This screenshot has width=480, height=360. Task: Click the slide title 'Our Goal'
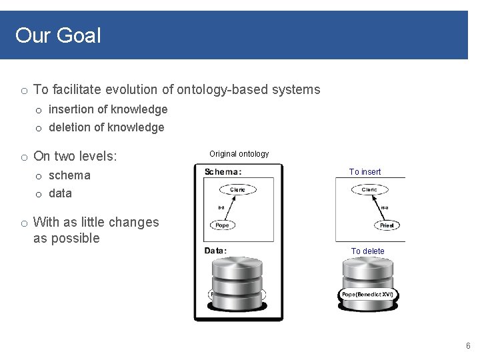pyautogui.click(x=58, y=35)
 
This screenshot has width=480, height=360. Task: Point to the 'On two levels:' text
pyautogui.click(x=75, y=156)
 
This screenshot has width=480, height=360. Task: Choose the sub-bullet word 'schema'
pyautogui.click(x=69, y=175)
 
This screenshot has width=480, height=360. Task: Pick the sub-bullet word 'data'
pyautogui.click(x=60, y=193)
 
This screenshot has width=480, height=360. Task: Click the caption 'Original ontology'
pyautogui.click(x=239, y=154)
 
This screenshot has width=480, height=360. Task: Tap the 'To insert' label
pyautogui.click(x=365, y=172)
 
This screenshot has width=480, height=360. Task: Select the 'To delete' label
pyautogui.click(x=368, y=251)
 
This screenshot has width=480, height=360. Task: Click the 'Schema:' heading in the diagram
pyautogui.click(x=223, y=171)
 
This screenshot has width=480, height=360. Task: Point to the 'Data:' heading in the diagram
pyautogui.click(x=215, y=251)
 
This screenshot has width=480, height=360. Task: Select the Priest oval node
pyautogui.click(x=387, y=225)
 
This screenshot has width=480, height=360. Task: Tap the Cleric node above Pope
pyautogui.click(x=237, y=190)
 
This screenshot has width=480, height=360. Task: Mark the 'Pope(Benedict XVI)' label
pyautogui.click(x=367, y=294)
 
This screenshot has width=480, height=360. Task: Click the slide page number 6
pyautogui.click(x=468, y=346)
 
